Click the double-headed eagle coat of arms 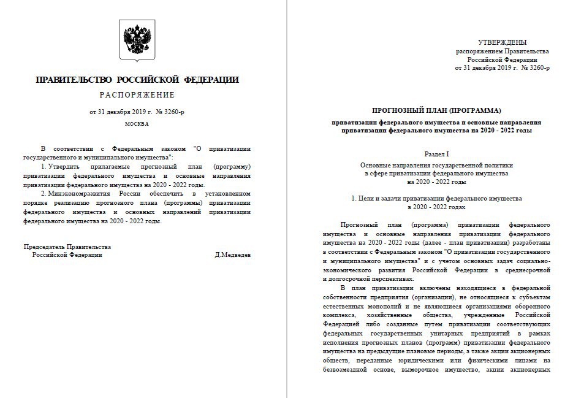pos(137,40)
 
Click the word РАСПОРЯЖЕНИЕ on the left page pos(137,95)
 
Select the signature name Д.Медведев pos(233,254)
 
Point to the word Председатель pos(44,247)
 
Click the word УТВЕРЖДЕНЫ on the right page pos(502,42)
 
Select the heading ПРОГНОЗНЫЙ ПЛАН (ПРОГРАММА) pos(436,110)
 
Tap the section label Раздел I pos(436,156)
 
